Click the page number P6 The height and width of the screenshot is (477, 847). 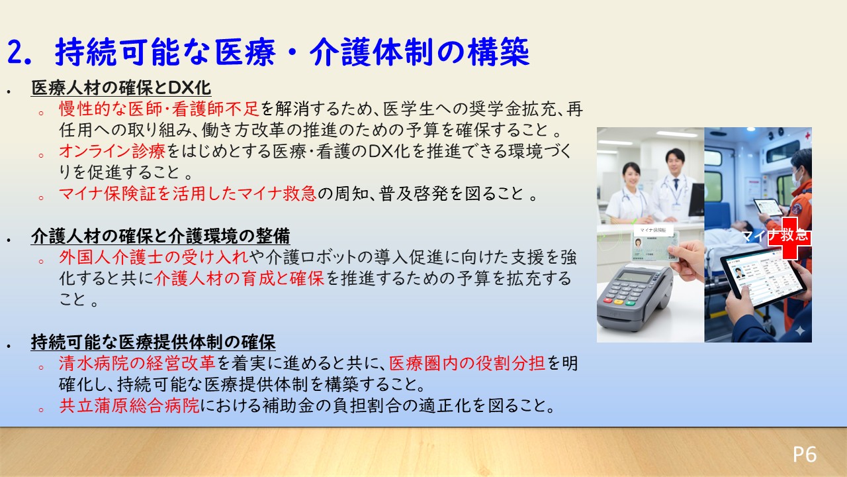coord(805,454)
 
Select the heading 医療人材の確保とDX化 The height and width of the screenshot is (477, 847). coord(121,88)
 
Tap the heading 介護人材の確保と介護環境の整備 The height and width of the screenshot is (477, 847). coord(161,236)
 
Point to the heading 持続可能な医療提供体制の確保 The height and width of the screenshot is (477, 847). coord(153,343)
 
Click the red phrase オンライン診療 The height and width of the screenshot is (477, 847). coord(112,151)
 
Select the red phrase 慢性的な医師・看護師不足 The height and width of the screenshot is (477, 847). coord(159,109)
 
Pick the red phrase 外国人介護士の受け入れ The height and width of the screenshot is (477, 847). coord(154,257)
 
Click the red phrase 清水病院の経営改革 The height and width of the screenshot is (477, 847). coord(137,364)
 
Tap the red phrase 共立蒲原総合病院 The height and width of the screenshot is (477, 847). coord(129,405)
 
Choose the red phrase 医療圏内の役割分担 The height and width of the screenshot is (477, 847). coord(467,364)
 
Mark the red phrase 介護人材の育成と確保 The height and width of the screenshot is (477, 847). coord(239,278)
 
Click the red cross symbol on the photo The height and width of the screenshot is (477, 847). coord(789,238)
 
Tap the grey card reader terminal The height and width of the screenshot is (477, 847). coord(635,297)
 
